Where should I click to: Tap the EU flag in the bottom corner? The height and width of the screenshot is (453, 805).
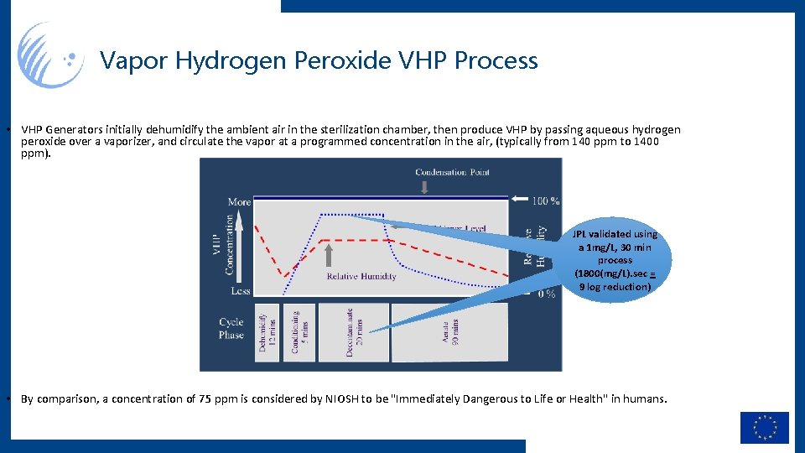pos(764,427)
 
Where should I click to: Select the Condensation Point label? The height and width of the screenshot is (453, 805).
pos(452,172)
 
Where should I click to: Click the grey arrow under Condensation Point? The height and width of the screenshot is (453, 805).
pos(424,186)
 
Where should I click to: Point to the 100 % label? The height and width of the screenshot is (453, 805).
pos(545,200)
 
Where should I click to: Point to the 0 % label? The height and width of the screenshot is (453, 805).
pos(545,293)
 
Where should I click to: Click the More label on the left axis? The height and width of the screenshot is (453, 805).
pos(239,201)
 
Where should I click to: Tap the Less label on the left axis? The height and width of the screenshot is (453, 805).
pos(240,291)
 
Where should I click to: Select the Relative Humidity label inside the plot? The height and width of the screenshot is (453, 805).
pos(361,276)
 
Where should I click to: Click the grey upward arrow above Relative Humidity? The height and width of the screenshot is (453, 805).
pos(329,254)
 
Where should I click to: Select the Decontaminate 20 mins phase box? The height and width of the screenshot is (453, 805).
pos(353,332)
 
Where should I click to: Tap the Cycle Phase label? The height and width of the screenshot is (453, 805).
pos(231,328)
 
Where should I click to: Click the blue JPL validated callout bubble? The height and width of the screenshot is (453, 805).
pos(615,260)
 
